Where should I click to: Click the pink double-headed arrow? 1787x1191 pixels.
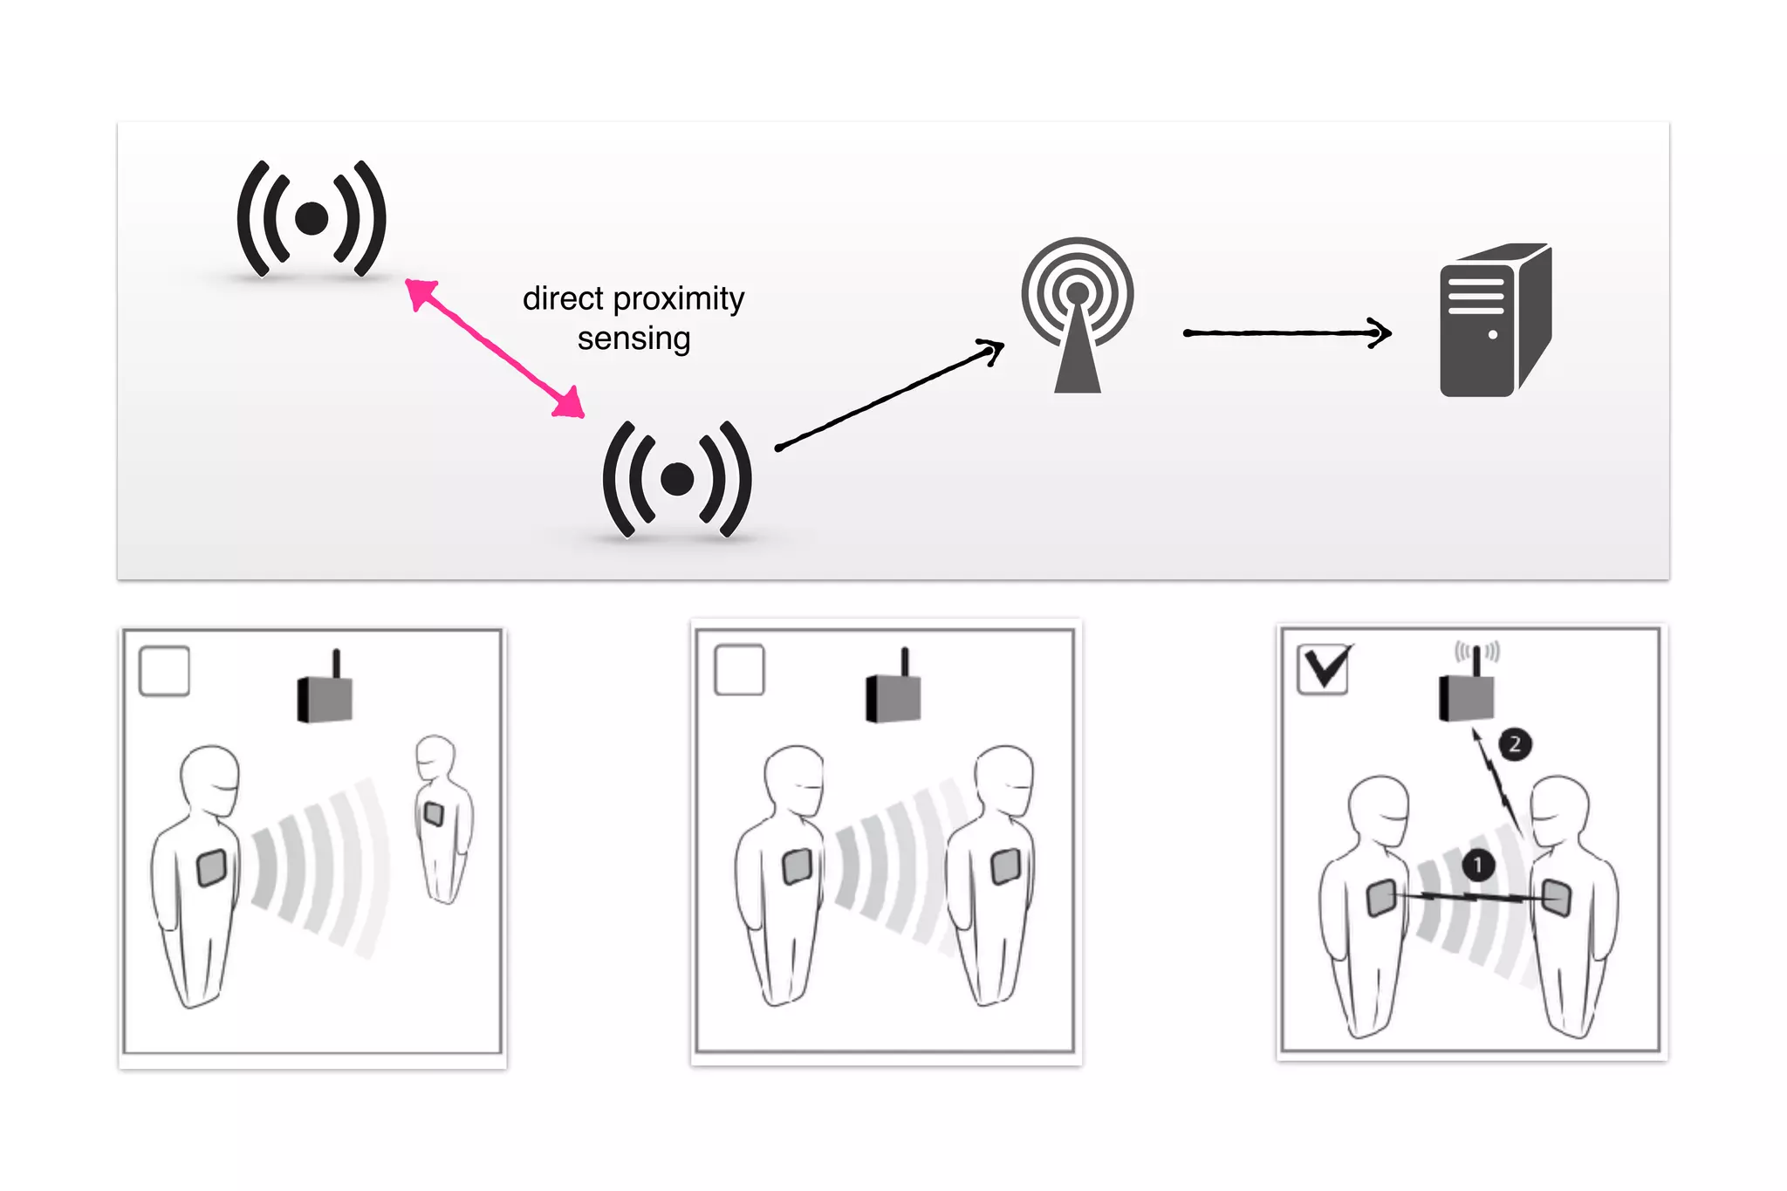coord(495,348)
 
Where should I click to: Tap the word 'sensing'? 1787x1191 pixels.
coord(633,339)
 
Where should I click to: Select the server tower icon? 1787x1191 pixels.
coord(1494,321)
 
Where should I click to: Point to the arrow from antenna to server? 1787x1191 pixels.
coord(1286,332)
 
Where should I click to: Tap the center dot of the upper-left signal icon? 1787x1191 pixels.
coord(312,218)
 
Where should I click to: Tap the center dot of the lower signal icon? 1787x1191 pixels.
coord(677,478)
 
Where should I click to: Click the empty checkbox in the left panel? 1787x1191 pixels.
coord(165,671)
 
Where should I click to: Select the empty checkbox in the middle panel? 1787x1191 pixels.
coord(739,670)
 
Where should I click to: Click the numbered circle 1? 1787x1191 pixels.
coord(1477,865)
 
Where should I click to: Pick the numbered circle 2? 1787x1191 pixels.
coord(1515,744)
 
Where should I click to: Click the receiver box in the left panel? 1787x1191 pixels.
coord(325,697)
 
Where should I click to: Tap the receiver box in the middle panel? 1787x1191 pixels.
coord(893,697)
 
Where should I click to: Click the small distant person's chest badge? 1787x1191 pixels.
coord(434,814)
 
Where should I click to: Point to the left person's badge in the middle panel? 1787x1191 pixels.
coord(797,866)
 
